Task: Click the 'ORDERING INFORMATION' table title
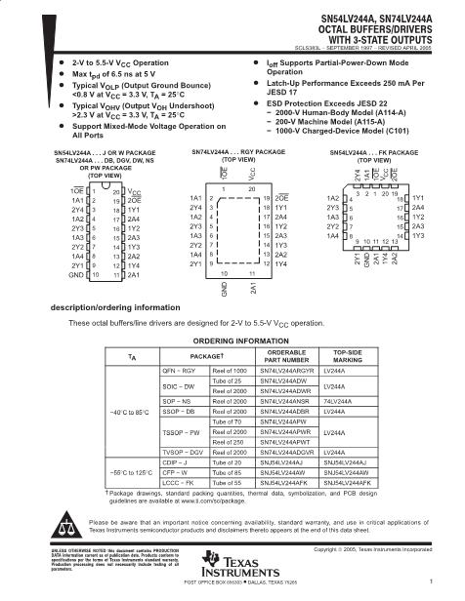pyautogui.click(x=233, y=340)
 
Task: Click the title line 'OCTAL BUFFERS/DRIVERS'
pyautogui.click(x=388, y=29)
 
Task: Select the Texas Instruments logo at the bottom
pyautogui.click(x=232, y=574)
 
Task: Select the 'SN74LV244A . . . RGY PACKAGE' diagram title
pyautogui.click(x=232, y=153)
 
